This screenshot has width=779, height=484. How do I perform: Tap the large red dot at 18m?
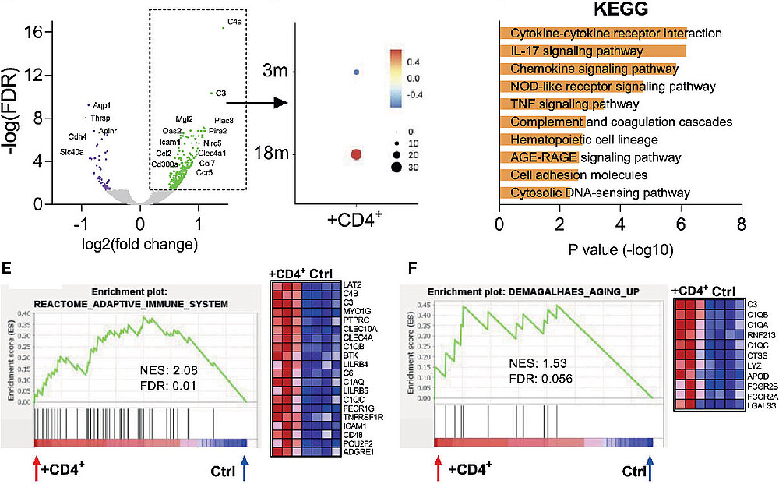[x=356, y=155]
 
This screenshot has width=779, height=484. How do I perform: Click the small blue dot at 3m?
[x=356, y=72]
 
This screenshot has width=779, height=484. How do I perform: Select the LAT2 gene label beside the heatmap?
[x=341, y=286]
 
